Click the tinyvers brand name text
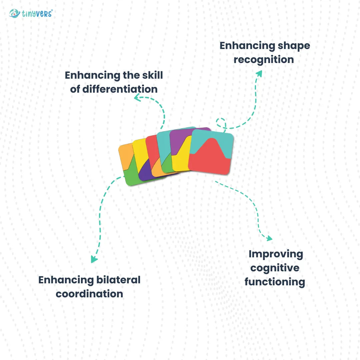pyautogui.click(x=37, y=14)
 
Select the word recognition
pyautogui.click(x=264, y=60)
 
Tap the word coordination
pyautogui.click(x=89, y=294)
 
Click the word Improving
pyautogui.click(x=276, y=254)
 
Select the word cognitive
pyautogui.click(x=275, y=268)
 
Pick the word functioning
pyautogui.click(x=275, y=282)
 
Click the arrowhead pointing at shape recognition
pyautogui.click(x=259, y=73)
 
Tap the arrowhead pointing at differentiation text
pyautogui.click(x=137, y=97)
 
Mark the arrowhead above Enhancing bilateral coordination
pyautogui.click(x=94, y=259)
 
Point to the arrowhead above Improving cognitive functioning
pyautogui.click(x=269, y=238)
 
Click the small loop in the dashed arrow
pyautogui.click(x=221, y=122)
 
